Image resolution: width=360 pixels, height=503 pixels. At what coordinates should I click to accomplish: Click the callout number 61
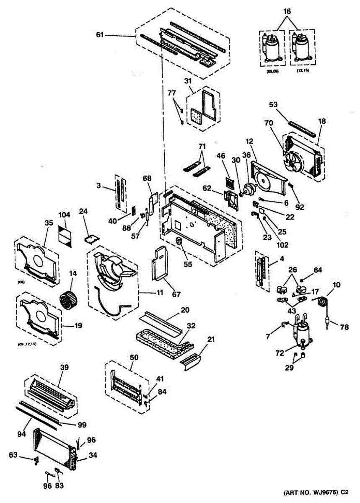tap(99, 35)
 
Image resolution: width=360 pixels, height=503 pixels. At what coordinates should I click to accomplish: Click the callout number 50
tap(133, 357)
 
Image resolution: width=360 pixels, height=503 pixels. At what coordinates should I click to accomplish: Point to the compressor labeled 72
tap(300, 332)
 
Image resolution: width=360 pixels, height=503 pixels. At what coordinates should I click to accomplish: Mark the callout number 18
tap(322, 121)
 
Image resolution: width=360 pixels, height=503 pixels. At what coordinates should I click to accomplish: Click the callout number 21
tap(211, 339)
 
